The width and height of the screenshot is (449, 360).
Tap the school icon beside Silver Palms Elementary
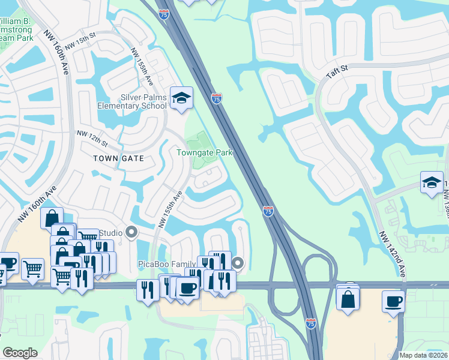click(x=181, y=97)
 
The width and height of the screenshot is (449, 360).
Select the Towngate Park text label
click(x=204, y=152)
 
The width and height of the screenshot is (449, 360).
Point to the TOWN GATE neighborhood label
click(x=119, y=158)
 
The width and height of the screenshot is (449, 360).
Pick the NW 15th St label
click(x=80, y=43)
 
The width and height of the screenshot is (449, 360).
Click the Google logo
click(x=20, y=353)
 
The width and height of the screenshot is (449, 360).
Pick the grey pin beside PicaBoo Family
click(x=238, y=263)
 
